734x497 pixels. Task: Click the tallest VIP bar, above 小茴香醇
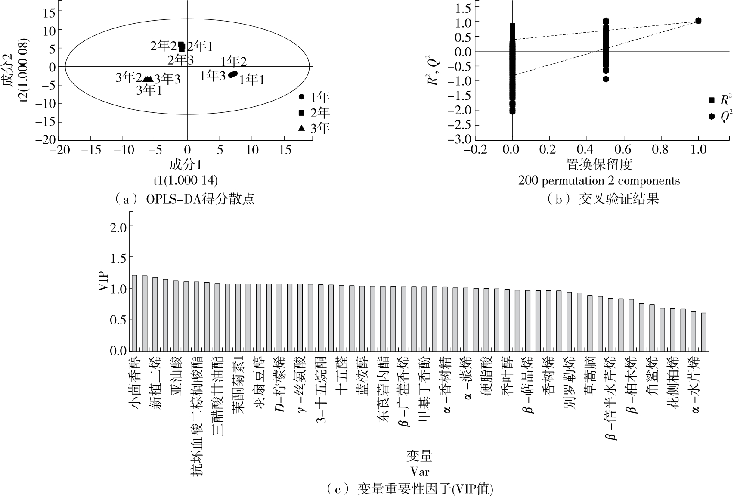click(134, 313)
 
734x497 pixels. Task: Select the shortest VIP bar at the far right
click(703, 332)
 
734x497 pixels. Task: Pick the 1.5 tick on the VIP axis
click(119, 258)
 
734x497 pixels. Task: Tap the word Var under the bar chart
click(419, 472)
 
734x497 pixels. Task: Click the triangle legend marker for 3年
click(302, 128)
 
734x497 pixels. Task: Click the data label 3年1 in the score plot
click(149, 90)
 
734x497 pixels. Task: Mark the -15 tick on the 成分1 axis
click(90, 150)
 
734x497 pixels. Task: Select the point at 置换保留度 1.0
click(698, 21)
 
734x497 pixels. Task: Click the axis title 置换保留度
click(599, 164)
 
